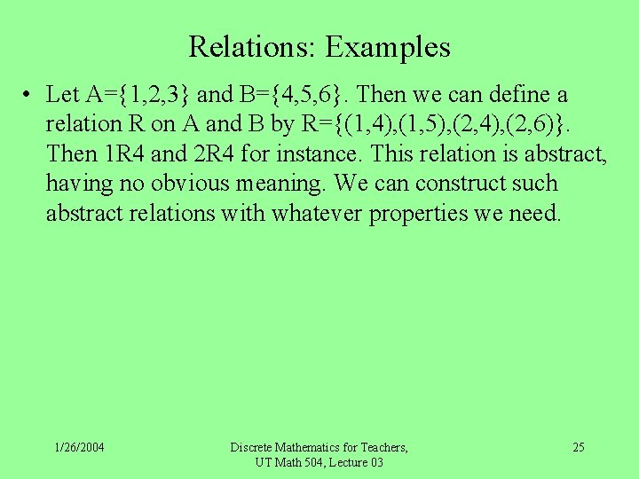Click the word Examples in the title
click(x=388, y=46)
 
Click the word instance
click(x=319, y=153)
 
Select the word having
click(x=75, y=184)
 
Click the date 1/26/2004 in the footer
click(x=79, y=447)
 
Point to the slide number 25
click(x=578, y=447)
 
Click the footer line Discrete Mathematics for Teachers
click(x=319, y=447)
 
